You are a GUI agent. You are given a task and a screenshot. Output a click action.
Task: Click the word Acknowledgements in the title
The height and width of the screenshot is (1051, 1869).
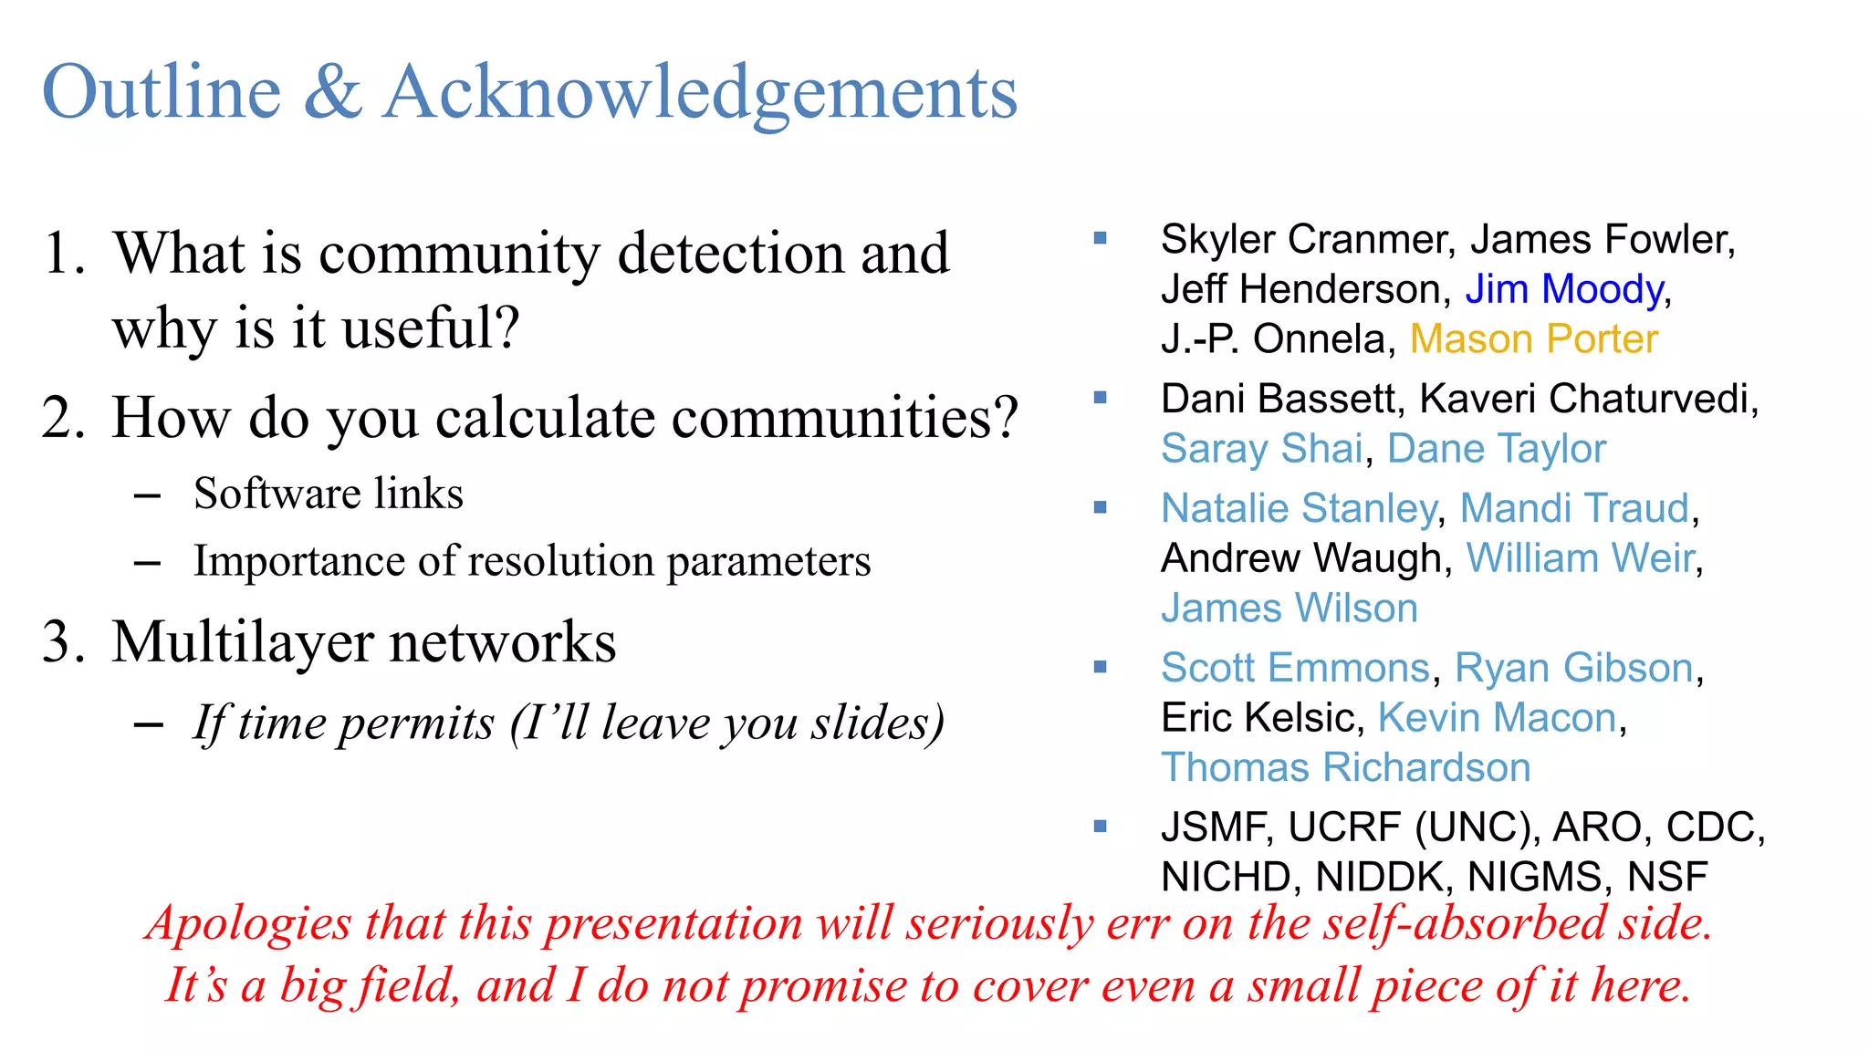tap(700, 94)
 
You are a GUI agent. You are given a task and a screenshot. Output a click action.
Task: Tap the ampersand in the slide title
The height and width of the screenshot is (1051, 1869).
tap(332, 92)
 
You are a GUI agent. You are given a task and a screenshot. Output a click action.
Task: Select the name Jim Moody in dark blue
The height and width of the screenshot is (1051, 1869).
tap(1564, 289)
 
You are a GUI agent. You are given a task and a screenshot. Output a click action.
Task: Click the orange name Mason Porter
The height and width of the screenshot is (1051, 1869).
tap(1533, 339)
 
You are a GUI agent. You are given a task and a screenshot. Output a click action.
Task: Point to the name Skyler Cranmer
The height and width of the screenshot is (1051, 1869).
tap(1303, 240)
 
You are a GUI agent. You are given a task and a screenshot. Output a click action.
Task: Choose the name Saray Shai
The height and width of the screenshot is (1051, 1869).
tap(1261, 449)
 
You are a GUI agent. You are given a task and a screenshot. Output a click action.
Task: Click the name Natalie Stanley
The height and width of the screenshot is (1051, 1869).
tap(1298, 508)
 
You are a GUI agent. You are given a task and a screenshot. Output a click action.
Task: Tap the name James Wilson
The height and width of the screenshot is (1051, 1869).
tap(1289, 609)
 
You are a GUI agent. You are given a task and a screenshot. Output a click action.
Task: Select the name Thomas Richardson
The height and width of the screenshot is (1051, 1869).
tap(1345, 768)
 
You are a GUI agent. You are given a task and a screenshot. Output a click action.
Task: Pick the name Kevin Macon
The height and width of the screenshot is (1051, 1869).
tap(1497, 718)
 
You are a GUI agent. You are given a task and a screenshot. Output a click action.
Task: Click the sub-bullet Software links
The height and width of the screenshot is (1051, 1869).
tap(328, 494)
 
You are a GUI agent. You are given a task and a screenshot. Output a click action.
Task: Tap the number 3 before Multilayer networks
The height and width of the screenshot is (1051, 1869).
tap(57, 641)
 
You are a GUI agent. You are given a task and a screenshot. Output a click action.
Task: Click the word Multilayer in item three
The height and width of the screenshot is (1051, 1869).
tap(242, 642)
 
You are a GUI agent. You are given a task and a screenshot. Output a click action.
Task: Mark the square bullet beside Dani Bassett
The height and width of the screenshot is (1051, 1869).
tap(1100, 398)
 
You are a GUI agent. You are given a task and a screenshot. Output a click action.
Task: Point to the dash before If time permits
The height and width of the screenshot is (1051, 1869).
tap(148, 724)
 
